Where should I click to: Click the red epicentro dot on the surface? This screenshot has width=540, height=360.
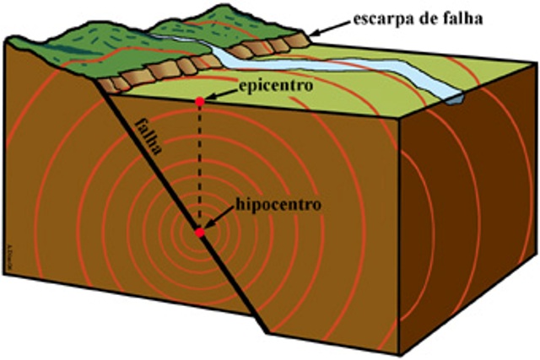199,102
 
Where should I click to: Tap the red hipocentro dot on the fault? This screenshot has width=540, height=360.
199,232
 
